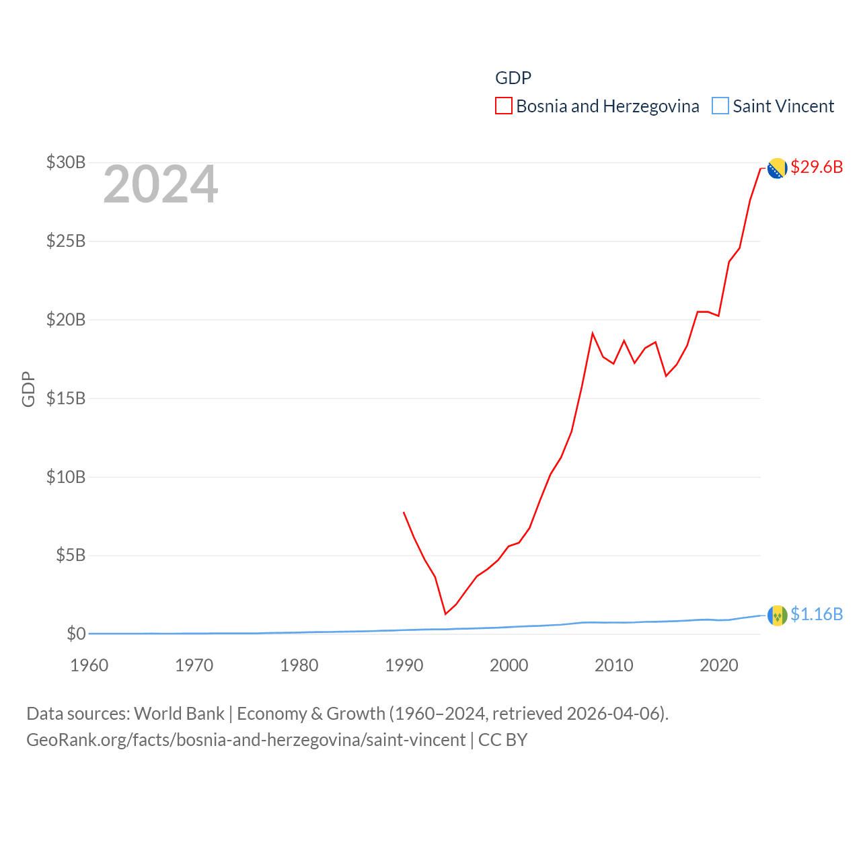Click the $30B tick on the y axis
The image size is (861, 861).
[66, 162]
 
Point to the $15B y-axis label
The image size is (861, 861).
[66, 398]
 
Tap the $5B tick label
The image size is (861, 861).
[71, 555]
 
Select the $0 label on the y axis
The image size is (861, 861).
[76, 634]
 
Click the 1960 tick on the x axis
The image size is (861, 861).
[89, 665]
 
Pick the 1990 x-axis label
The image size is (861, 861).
[404, 665]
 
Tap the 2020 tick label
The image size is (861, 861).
[719, 665]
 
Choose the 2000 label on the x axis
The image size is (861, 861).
[509, 665]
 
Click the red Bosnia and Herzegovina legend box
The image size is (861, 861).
[504, 106]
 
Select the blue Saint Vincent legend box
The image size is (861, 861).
[720, 106]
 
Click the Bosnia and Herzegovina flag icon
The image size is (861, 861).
[777, 168]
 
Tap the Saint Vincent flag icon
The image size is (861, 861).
[777, 615]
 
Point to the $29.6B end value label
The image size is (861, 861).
[817, 167]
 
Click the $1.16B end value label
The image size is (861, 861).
[817, 614]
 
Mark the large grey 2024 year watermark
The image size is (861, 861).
[161, 184]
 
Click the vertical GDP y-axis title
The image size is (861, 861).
[28, 389]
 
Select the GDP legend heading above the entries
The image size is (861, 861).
[513, 78]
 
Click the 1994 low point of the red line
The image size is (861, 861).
[445, 613]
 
